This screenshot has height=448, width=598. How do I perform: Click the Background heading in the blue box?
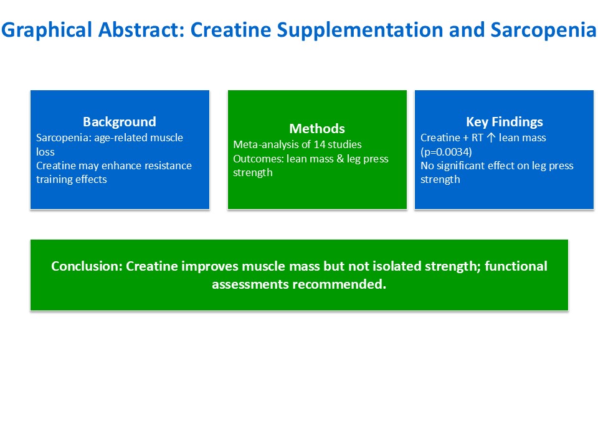(120, 122)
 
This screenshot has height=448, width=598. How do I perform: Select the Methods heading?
(317, 128)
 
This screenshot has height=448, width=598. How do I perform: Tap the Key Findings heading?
(504, 122)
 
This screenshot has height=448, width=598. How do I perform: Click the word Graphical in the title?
(47, 30)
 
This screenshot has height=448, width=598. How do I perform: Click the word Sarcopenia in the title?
(543, 30)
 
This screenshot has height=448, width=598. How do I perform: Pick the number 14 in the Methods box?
(319, 144)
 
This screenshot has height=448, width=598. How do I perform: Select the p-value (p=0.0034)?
(446, 152)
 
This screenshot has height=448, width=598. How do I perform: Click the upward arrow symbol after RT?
(491, 138)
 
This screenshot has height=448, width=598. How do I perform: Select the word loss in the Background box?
(45, 152)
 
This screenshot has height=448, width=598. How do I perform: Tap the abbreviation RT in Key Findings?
(478, 138)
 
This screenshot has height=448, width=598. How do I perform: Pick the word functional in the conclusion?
(516, 266)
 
